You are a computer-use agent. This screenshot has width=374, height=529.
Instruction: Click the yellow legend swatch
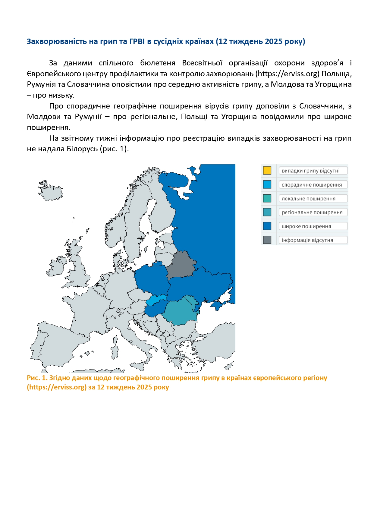267,171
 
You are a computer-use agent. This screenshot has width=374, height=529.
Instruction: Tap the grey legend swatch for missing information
267,240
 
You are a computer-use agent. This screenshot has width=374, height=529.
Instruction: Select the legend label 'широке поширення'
306,226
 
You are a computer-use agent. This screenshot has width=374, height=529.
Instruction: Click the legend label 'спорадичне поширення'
312,185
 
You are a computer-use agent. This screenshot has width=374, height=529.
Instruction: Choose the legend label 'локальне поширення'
308,199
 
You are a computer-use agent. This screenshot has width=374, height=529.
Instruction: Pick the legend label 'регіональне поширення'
312,213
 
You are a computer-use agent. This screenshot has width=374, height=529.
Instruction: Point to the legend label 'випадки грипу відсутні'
310,171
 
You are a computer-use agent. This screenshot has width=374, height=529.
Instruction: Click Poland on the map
151,280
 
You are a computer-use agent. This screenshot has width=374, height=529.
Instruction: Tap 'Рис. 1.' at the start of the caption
37,378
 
